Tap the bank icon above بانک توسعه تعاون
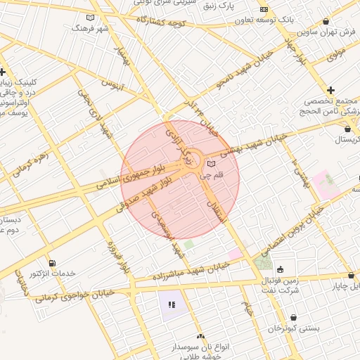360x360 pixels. point(264,9)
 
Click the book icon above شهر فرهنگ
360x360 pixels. point(89,18)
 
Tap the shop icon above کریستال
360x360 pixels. point(348,129)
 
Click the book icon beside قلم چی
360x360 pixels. point(212,164)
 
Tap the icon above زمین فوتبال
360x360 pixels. point(281,269)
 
